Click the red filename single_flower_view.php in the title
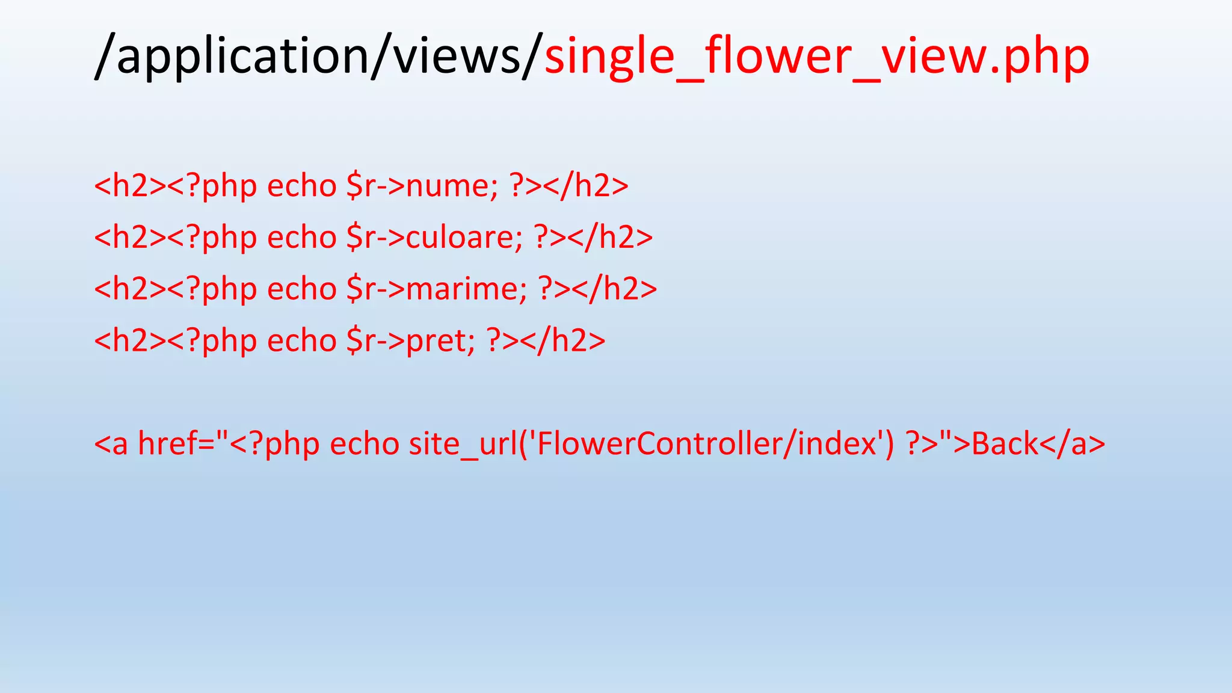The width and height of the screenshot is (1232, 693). pyautogui.click(x=816, y=56)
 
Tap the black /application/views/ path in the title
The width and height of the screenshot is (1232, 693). pyautogui.click(x=319, y=56)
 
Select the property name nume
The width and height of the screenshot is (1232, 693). pyautogui.click(x=449, y=186)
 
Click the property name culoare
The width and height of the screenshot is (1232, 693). pyautogui.click(x=461, y=238)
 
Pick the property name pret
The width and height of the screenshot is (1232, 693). pyautogui.click(x=437, y=341)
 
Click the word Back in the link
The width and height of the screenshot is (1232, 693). pyautogui.click(x=1005, y=445)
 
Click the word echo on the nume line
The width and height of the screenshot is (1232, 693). pyautogui.click(x=301, y=186)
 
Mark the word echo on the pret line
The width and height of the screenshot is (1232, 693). pyautogui.click(x=301, y=341)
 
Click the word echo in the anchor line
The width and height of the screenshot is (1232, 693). pyautogui.click(x=365, y=445)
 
